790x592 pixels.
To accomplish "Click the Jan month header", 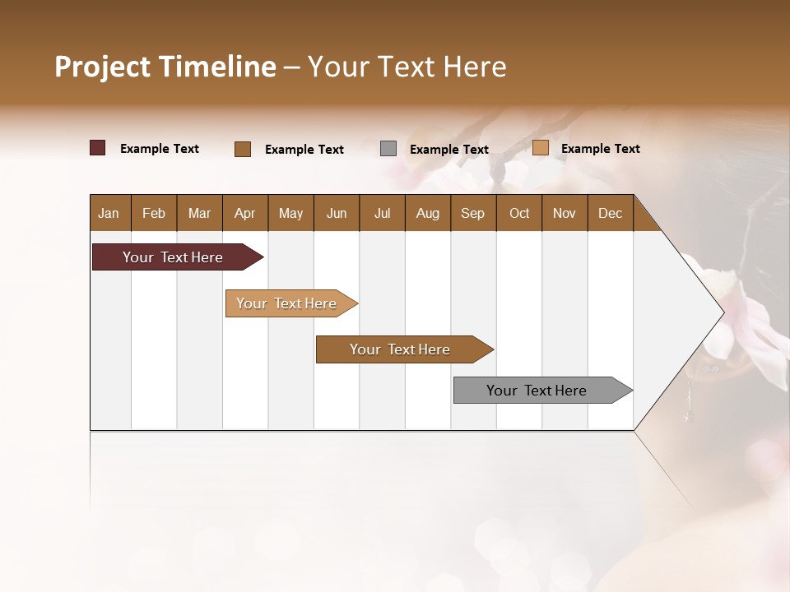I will point(109,214).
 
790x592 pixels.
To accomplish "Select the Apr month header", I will point(244,214).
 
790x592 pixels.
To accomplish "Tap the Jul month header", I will point(382,214).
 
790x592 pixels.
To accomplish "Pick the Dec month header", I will point(610,214).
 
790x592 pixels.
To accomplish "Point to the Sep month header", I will point(472,214).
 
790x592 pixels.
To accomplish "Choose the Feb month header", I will point(154,214).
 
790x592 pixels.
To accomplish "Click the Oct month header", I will point(519,214).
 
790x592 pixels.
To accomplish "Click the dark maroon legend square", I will point(98,148).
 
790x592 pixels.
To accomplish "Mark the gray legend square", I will point(388,149).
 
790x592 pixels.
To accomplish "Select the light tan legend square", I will point(540,148).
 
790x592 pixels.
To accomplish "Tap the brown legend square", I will point(243,149).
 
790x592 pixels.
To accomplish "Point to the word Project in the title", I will point(103,67).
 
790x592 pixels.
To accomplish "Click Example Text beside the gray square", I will point(448,150).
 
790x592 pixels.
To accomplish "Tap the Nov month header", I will point(565,214).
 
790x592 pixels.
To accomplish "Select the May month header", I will point(290,214).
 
